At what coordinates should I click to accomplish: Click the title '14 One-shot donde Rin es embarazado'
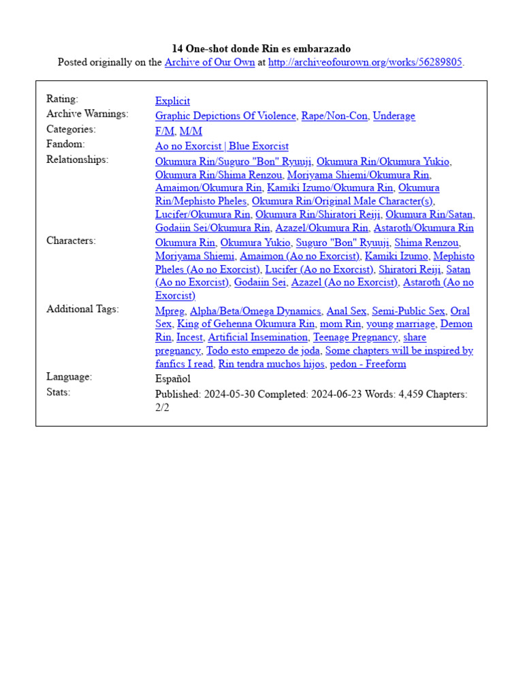coord(261,48)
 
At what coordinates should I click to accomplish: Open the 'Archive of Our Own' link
coord(210,63)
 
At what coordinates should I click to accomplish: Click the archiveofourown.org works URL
coord(365,63)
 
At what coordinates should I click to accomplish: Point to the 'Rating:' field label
coord(62,100)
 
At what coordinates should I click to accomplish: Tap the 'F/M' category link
coord(164,131)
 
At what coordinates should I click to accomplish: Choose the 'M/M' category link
coord(191,131)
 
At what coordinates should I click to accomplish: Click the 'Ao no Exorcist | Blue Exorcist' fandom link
coord(221,146)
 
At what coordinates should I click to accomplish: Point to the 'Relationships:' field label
coord(77,160)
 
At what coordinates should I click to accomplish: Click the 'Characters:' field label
coord(71,241)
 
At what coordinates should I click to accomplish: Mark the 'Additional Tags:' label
coord(82,309)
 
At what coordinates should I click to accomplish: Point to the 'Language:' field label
coord(69,377)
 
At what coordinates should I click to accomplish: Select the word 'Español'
coord(173,379)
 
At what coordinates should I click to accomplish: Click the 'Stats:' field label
coord(59,392)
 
